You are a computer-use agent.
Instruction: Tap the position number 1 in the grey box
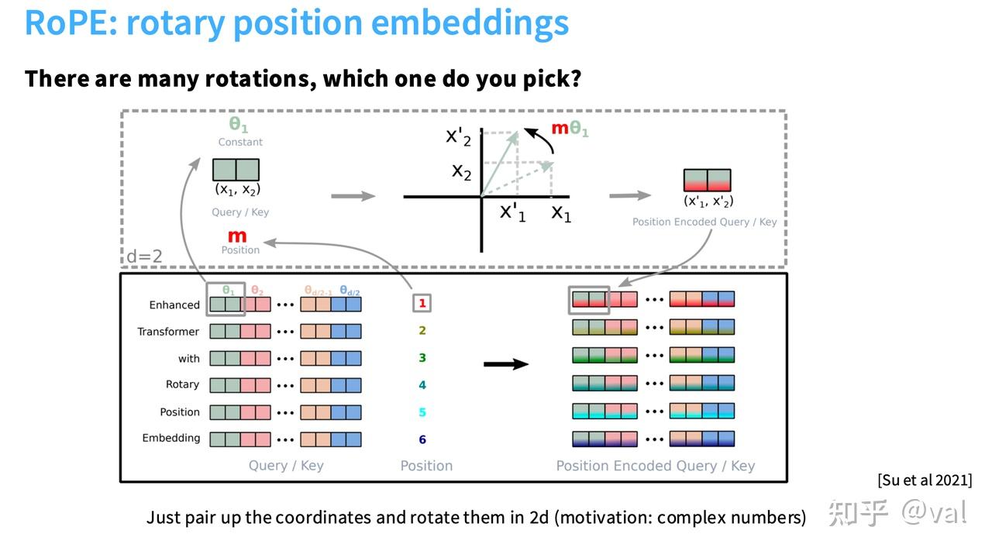422,303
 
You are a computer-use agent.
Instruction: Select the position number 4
422,385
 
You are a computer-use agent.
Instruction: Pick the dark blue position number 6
422,439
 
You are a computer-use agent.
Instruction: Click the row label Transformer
168,332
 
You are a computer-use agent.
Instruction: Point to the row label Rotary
182,384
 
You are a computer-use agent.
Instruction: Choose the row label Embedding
170,438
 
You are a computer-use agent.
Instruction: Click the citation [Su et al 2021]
924,480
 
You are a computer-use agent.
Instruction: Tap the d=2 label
144,256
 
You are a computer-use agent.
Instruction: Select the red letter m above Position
237,236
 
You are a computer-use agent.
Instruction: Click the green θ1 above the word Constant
238,125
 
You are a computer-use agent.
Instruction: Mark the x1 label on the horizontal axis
561,212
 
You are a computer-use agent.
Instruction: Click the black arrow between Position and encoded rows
505,363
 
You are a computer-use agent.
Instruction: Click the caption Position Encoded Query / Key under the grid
655,466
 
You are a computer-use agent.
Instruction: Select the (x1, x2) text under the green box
237,190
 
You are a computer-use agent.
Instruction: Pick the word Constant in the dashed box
240,142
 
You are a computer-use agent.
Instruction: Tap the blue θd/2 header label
349,291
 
